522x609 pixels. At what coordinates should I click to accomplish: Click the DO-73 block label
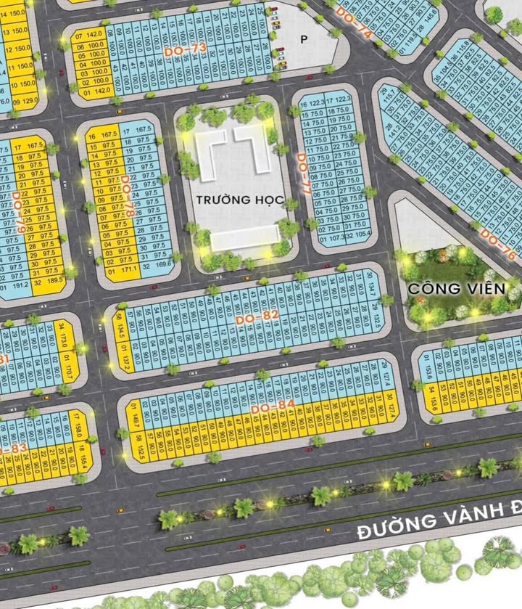(x=186, y=49)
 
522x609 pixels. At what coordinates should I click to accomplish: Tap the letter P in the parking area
(x=304, y=39)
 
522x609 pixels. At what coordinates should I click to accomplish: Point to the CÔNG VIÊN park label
(x=457, y=288)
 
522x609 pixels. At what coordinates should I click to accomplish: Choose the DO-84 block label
(x=272, y=409)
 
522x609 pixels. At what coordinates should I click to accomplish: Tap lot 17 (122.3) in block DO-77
(x=338, y=99)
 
